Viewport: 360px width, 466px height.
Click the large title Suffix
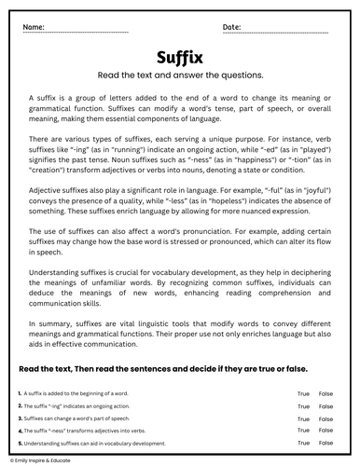tap(180, 58)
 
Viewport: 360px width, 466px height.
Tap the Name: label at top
tap(35, 26)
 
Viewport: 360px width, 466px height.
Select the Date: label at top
tap(233, 26)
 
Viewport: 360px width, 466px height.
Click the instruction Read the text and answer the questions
tap(180, 77)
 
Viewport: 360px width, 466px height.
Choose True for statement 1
tap(303, 395)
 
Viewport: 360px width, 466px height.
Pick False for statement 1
tap(326, 395)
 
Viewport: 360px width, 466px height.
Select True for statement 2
tap(303, 406)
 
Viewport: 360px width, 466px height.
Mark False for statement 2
tap(326, 406)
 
